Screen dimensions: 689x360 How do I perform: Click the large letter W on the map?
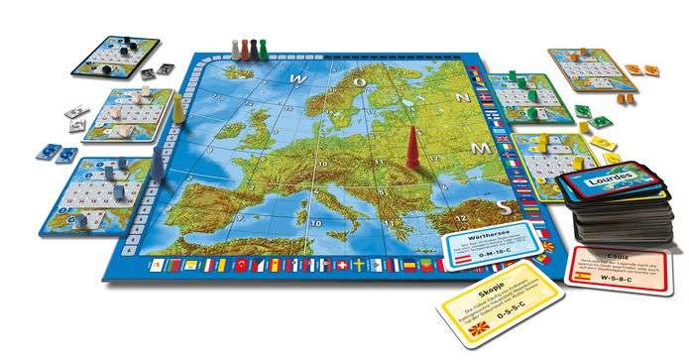294,74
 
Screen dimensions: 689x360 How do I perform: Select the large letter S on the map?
507,206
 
